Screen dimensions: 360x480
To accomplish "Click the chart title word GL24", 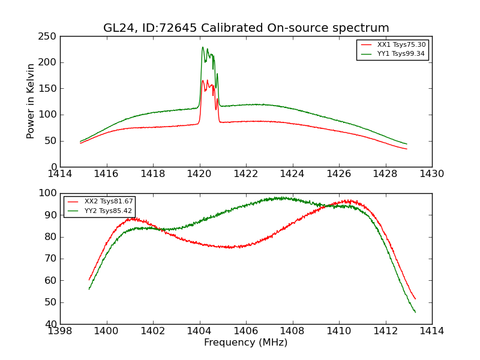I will point(116,28).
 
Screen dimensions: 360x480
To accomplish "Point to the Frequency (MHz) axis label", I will point(245,343).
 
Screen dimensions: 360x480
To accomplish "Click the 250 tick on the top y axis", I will point(49,37).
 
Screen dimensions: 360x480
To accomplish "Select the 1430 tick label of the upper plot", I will point(431,174).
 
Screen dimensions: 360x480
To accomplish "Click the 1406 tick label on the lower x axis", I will point(245,331).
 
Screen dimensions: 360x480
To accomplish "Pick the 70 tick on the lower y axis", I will point(52,259).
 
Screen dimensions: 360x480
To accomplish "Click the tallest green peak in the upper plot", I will point(203,47).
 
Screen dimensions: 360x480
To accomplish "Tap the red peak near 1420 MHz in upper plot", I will point(203,80).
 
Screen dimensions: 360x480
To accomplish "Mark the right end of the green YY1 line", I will point(407,144).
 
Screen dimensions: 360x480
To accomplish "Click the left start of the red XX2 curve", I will point(89,280).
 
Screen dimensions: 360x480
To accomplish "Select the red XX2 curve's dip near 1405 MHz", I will point(230,247).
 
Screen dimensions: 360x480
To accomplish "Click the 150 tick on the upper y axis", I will point(49,89).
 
